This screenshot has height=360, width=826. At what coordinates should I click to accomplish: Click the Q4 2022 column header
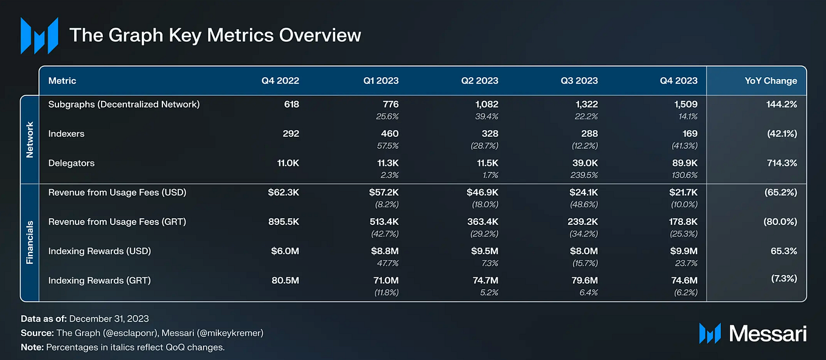pos(280,81)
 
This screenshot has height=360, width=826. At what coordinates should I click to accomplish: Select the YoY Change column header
pos(771,81)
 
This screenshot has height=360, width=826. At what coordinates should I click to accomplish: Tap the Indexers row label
pos(66,134)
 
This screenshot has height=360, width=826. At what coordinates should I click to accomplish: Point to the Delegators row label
pos(72,163)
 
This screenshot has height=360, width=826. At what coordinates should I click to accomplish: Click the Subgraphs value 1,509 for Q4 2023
pos(686,105)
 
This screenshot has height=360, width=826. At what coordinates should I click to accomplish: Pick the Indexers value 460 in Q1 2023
pos(390,134)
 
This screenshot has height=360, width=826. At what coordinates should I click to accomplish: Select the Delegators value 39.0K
pos(585,163)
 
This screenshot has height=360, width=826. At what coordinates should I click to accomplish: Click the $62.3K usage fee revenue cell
pos(283,192)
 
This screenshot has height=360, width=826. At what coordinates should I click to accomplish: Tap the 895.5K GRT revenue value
pos(283,222)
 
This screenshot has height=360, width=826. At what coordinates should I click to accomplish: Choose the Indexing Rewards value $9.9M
pos(684,251)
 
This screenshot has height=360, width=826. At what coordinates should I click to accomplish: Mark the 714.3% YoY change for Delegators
pos(782,163)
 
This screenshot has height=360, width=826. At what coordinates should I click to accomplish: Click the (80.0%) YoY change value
pos(780,222)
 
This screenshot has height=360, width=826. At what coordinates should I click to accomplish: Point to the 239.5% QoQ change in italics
pos(584,175)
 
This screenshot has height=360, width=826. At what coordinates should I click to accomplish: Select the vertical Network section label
pos(29,140)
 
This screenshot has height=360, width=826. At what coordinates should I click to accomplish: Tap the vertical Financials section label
pos(29,243)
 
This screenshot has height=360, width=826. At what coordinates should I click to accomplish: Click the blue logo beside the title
pos(40,36)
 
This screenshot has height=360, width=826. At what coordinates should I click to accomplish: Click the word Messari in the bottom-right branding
pos(768,334)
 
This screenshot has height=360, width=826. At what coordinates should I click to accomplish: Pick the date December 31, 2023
pos(109,319)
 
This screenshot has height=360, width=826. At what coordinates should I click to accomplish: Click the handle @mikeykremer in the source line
pos(231,333)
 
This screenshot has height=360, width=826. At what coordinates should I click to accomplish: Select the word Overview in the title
pos(320,35)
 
